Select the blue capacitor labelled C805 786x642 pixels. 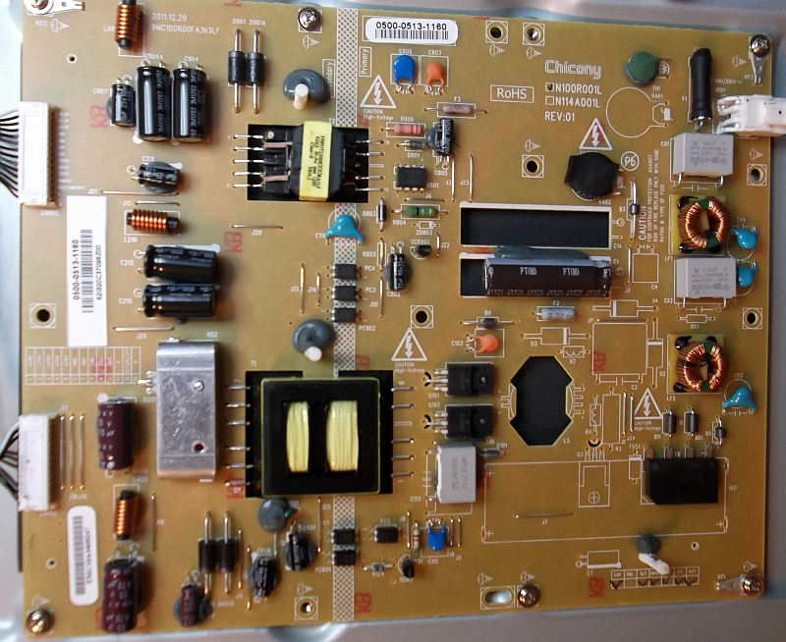click(402, 68)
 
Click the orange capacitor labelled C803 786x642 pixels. click(434, 70)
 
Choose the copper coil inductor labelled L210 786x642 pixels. click(153, 220)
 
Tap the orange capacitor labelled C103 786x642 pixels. click(483, 346)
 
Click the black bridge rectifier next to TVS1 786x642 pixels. click(682, 481)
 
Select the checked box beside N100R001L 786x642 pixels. click(551, 87)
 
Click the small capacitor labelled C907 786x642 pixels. click(123, 104)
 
